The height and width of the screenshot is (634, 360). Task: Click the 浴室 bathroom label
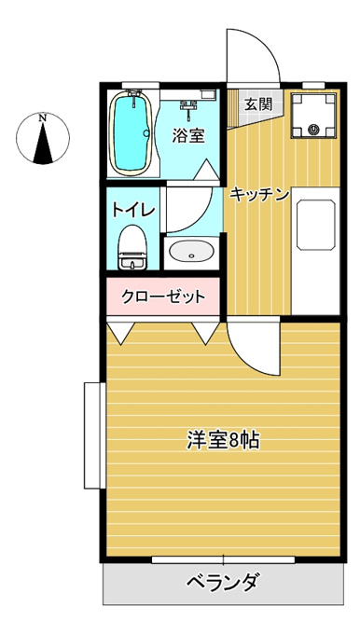188,135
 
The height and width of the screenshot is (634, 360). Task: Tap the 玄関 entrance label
258,104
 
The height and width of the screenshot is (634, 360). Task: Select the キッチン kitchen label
259,195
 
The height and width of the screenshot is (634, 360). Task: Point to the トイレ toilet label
133,210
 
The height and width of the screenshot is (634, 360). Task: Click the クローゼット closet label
163,297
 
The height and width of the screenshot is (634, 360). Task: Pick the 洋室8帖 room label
223,440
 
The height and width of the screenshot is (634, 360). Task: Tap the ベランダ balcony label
223,583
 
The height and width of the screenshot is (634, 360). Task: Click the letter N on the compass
43,118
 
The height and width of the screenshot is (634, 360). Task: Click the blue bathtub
131,133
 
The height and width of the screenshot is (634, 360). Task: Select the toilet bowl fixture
132,247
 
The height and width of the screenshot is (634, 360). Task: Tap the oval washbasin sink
191,251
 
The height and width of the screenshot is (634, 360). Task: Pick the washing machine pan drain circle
314,130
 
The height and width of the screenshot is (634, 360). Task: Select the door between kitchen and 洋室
254,348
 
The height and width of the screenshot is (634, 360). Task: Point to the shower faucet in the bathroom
188,108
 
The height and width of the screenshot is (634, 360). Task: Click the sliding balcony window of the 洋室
223,559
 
